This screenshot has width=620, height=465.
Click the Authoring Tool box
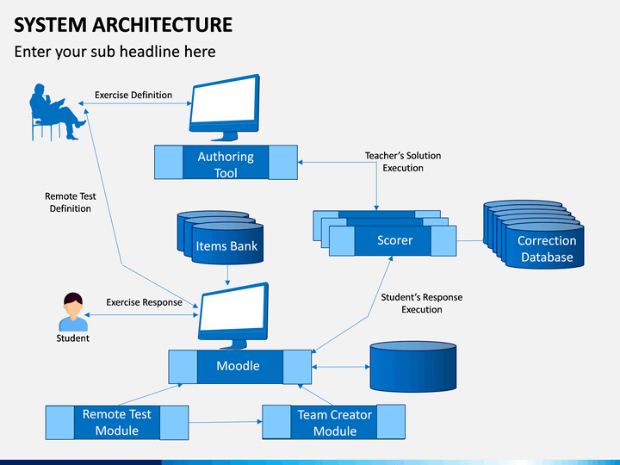point(226,162)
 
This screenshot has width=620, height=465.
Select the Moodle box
point(240,367)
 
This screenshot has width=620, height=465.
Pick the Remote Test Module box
point(117,422)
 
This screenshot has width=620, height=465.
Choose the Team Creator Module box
point(334,422)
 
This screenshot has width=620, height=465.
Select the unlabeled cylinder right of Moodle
point(413,367)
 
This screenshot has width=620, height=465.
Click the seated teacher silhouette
point(57,112)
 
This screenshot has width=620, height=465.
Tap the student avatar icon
point(73,312)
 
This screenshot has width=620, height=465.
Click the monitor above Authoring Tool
point(225,107)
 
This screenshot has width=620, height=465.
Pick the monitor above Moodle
point(233,315)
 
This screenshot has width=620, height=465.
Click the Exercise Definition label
point(133,95)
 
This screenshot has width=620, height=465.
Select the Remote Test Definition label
point(71,202)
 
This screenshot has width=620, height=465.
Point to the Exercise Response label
point(144,302)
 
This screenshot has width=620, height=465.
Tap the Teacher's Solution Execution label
point(403,162)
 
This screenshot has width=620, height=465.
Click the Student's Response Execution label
point(422,303)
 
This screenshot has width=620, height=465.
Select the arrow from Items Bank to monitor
point(227,275)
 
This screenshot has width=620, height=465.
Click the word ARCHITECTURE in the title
point(163,24)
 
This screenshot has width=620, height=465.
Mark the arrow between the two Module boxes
point(226,422)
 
